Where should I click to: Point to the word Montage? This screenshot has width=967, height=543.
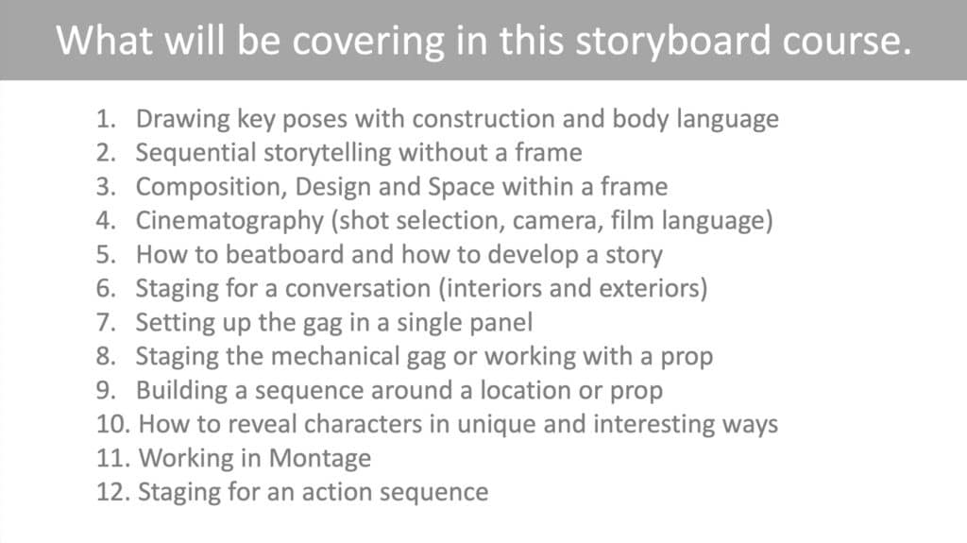(321, 458)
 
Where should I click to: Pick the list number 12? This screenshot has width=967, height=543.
(111, 492)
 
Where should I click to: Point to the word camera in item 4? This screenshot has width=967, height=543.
(566, 221)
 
